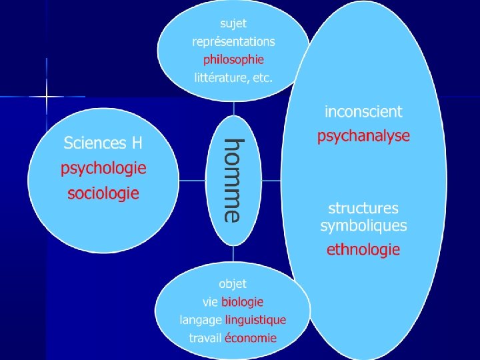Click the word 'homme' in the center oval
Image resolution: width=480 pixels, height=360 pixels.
coord(233,179)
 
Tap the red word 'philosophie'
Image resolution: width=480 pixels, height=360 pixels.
coord(234,59)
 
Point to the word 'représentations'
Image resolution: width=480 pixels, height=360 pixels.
coord(233,41)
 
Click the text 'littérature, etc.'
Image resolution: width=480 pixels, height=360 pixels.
coord(233,77)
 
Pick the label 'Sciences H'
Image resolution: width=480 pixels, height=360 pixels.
coord(103,143)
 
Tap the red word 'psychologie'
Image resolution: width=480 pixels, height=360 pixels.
coord(103,168)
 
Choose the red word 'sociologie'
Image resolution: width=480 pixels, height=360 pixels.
coord(103,193)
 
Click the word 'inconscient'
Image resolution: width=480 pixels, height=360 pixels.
coord(363,111)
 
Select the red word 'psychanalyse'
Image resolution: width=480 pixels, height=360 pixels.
coord(363,137)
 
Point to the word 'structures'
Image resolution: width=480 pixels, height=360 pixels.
coord(363,209)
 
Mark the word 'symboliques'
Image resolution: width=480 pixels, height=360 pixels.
coord(363,225)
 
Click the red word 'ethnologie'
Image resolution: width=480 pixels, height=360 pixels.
coord(363,250)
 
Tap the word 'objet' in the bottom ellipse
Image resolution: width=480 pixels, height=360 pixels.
coord(233,285)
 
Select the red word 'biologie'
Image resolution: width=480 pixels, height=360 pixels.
coord(243,303)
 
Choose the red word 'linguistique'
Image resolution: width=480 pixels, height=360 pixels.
coord(255,320)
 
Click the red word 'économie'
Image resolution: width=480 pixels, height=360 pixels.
coord(250,337)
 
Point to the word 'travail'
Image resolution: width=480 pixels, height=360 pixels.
coord(205,337)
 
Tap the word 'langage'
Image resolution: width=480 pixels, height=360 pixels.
coord(201,320)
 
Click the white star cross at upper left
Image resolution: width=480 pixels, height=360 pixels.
coord(47,97)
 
